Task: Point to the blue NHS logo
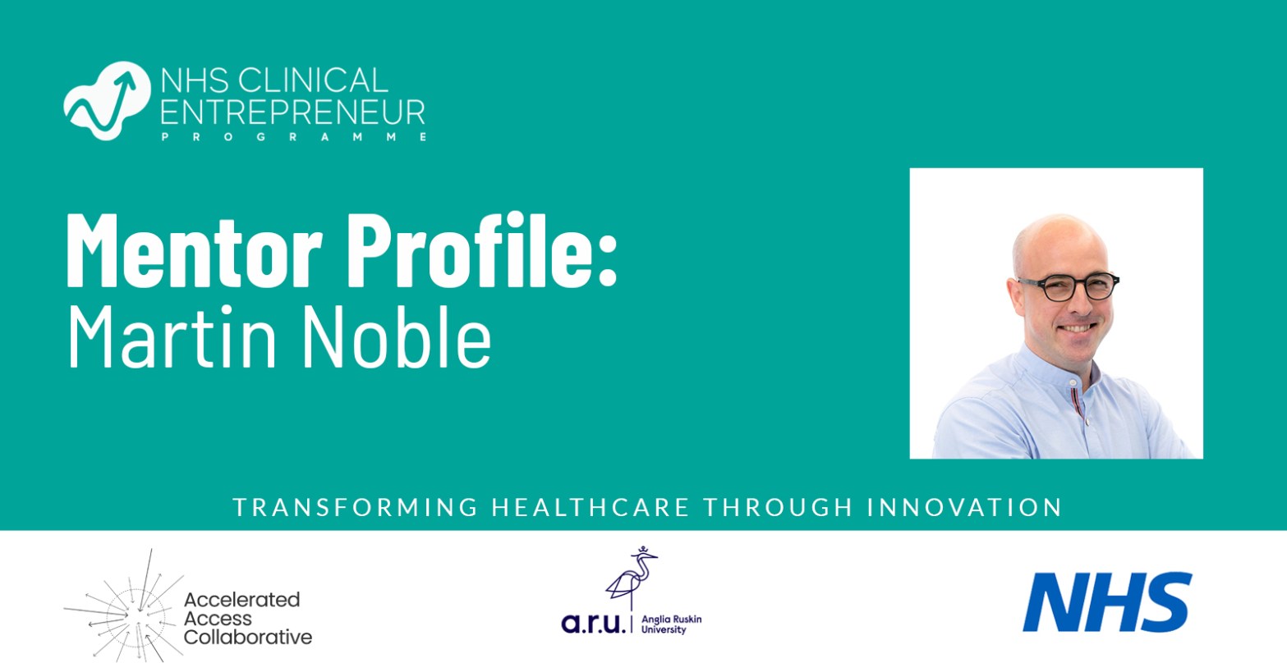1106,602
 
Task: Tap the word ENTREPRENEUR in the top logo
292,112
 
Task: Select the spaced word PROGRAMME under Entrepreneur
292,137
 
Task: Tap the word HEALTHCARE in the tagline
591,507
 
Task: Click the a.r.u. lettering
594,624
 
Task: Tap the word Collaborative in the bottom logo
248,637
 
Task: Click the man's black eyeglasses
1068,286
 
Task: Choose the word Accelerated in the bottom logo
241,600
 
